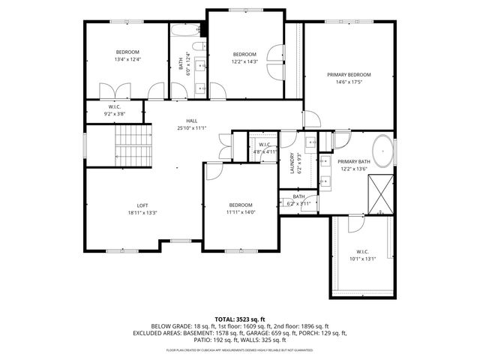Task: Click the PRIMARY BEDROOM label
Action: (x=349, y=74)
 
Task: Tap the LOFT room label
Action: (x=142, y=205)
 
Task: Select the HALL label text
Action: (x=192, y=121)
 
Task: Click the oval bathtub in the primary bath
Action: (x=383, y=151)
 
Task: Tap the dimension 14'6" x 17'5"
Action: (x=349, y=82)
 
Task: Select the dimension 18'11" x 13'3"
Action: (x=142, y=213)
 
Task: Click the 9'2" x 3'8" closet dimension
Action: (x=115, y=114)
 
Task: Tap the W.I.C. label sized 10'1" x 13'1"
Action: (x=361, y=251)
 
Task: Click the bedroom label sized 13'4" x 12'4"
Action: (x=127, y=52)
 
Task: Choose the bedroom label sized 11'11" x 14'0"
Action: (x=241, y=205)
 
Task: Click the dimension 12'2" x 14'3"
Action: (x=244, y=61)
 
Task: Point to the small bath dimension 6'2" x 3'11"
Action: (x=298, y=203)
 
